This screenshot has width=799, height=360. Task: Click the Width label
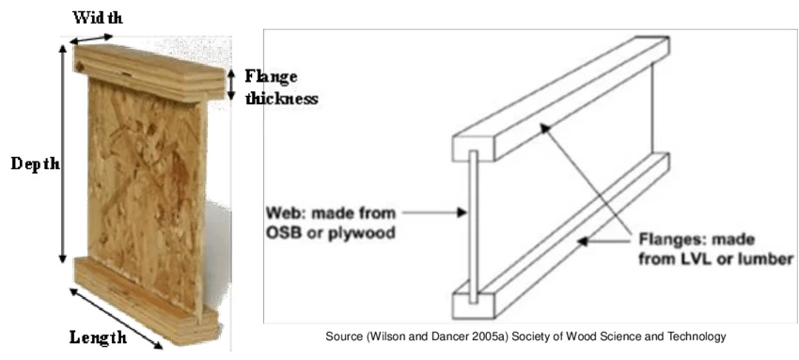pyautogui.click(x=99, y=17)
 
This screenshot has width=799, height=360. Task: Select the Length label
pyautogui.click(x=98, y=337)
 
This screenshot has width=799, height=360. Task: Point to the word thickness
pyautogui.click(x=281, y=98)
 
